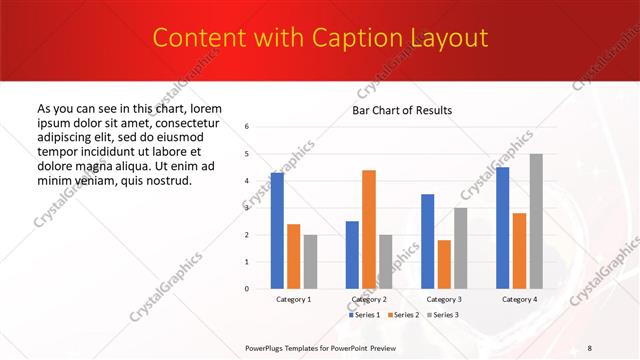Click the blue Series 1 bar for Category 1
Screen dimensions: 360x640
click(x=277, y=231)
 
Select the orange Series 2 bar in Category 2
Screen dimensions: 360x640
click(x=369, y=229)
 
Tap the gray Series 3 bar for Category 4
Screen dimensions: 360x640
click(x=537, y=221)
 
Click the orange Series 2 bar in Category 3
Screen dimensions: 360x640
click(x=444, y=264)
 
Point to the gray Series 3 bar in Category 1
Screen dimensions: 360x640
click(x=310, y=262)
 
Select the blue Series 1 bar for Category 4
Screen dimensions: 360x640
click(x=502, y=228)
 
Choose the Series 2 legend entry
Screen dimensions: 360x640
click(x=403, y=315)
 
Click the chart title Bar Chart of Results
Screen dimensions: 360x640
click(x=402, y=110)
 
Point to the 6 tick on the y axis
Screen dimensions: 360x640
click(x=247, y=127)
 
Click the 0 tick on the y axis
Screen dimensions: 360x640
click(x=247, y=289)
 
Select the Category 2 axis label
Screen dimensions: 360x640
click(x=369, y=299)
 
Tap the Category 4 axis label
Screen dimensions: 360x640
click(x=519, y=299)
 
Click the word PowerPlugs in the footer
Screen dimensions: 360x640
click(x=267, y=347)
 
